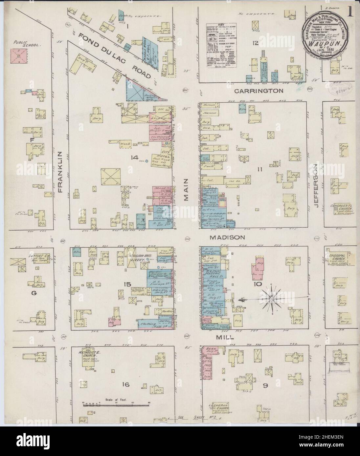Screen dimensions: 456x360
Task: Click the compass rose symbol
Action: click(272, 298)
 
